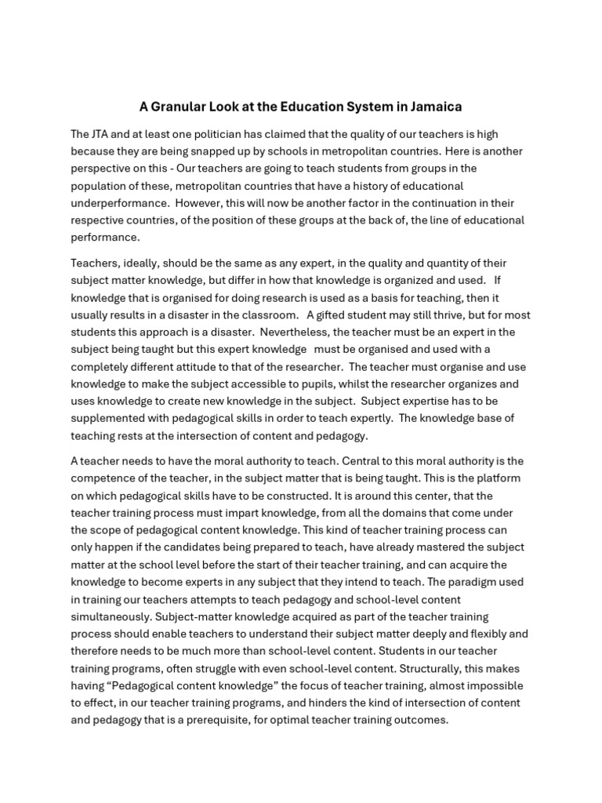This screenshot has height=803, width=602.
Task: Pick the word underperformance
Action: [x=120, y=203]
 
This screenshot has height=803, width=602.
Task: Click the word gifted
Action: [x=332, y=314]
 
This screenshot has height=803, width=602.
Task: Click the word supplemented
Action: [x=107, y=418]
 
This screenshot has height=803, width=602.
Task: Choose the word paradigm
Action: [x=494, y=583]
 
